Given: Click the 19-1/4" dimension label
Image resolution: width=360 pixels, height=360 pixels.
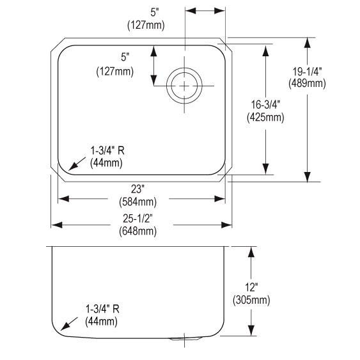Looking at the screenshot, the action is (x=307, y=72).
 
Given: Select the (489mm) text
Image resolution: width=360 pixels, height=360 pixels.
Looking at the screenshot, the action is (x=307, y=83).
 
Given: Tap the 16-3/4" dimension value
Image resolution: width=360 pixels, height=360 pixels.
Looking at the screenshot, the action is (x=265, y=105).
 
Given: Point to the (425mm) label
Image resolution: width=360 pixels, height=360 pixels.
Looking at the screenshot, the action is (x=265, y=117).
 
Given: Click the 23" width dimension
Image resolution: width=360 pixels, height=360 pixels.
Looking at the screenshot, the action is (x=137, y=189).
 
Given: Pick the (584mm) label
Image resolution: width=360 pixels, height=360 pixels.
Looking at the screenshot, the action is (x=137, y=202).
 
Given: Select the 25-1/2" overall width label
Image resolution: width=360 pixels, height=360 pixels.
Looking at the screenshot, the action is (x=137, y=218).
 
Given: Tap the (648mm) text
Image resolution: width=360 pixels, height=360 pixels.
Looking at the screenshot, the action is (x=137, y=231).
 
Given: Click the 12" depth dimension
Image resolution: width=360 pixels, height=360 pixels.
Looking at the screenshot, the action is (x=251, y=287).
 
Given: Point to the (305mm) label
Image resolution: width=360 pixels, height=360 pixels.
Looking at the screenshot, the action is (x=251, y=300).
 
